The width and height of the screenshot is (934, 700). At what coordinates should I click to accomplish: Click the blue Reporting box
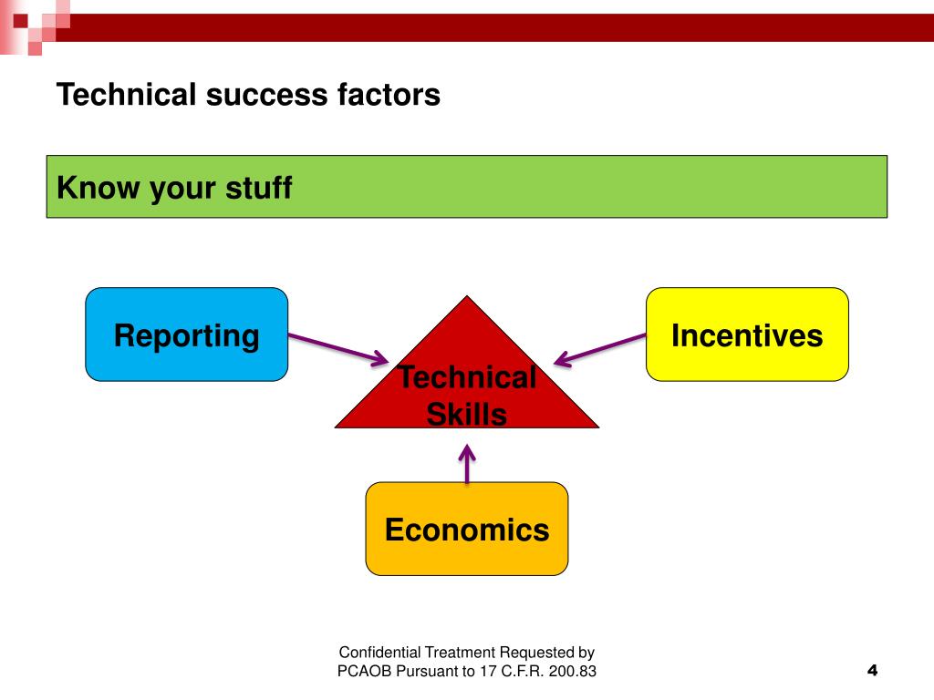click(186, 335)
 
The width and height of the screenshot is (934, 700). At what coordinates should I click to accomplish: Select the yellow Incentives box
click(747, 335)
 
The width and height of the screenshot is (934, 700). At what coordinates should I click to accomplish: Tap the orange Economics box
click(467, 529)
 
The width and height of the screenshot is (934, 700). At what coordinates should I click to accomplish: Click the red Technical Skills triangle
click(467, 383)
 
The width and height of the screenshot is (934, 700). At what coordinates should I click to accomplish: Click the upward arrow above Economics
click(467, 463)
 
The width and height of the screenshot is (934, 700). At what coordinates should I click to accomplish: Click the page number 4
click(871, 671)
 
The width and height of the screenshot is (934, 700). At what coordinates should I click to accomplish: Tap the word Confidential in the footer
click(379, 652)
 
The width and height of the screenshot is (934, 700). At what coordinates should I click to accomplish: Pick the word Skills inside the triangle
click(467, 416)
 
